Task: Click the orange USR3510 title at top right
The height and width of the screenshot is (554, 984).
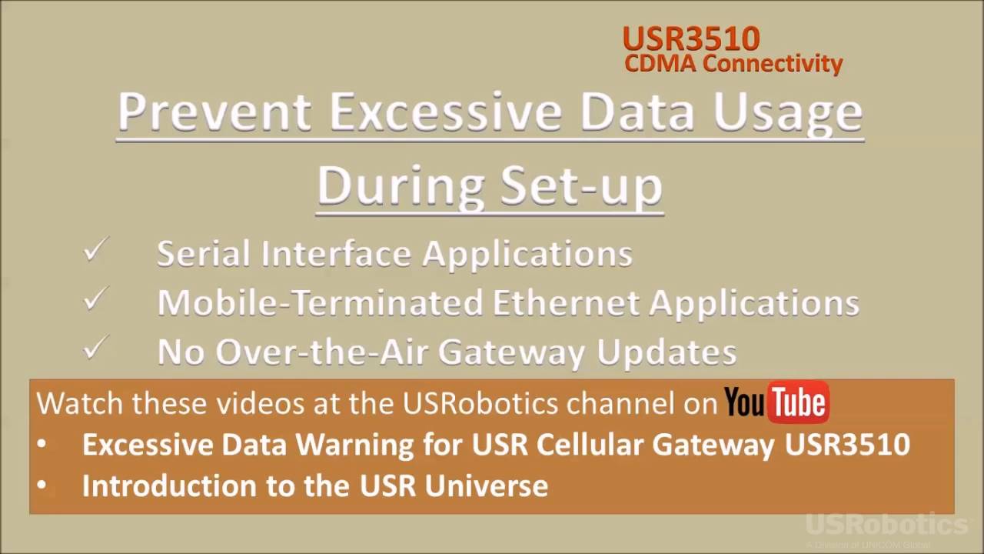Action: [x=690, y=38]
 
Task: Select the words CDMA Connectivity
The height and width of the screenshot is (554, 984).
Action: [x=733, y=63]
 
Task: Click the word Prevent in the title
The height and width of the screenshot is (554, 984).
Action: [x=214, y=112]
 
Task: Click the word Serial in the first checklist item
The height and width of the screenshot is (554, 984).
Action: [x=204, y=254]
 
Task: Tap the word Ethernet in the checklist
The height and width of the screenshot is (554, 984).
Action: [x=566, y=303]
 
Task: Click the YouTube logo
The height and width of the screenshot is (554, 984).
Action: [x=776, y=402]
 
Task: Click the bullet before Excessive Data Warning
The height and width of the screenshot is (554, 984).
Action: [x=41, y=445]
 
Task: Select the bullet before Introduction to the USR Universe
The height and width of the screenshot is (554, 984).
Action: [x=41, y=486]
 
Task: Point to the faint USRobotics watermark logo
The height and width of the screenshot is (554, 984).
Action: [x=886, y=525]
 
